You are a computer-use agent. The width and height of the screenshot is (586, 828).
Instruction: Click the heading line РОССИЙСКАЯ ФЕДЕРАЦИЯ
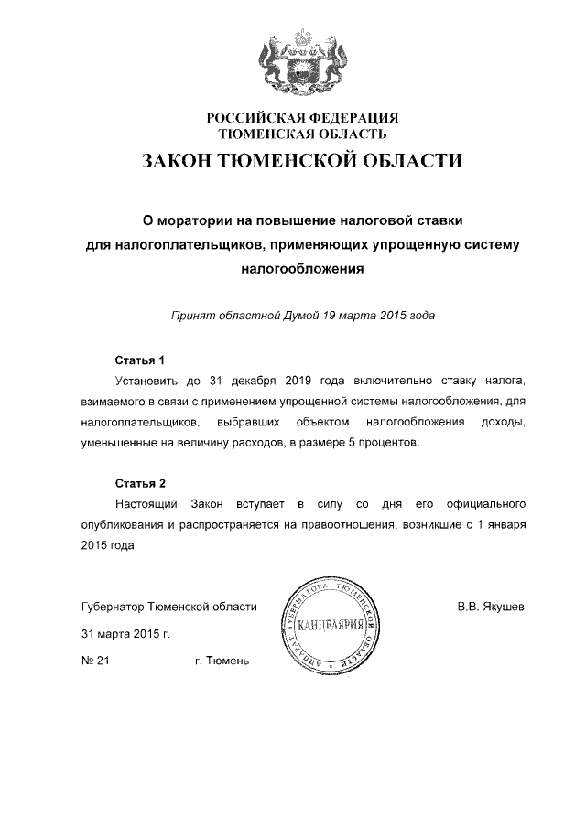302,118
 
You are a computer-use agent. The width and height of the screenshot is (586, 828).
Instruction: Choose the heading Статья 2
139,483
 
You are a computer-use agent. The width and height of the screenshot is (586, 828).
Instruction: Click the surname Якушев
502,607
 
